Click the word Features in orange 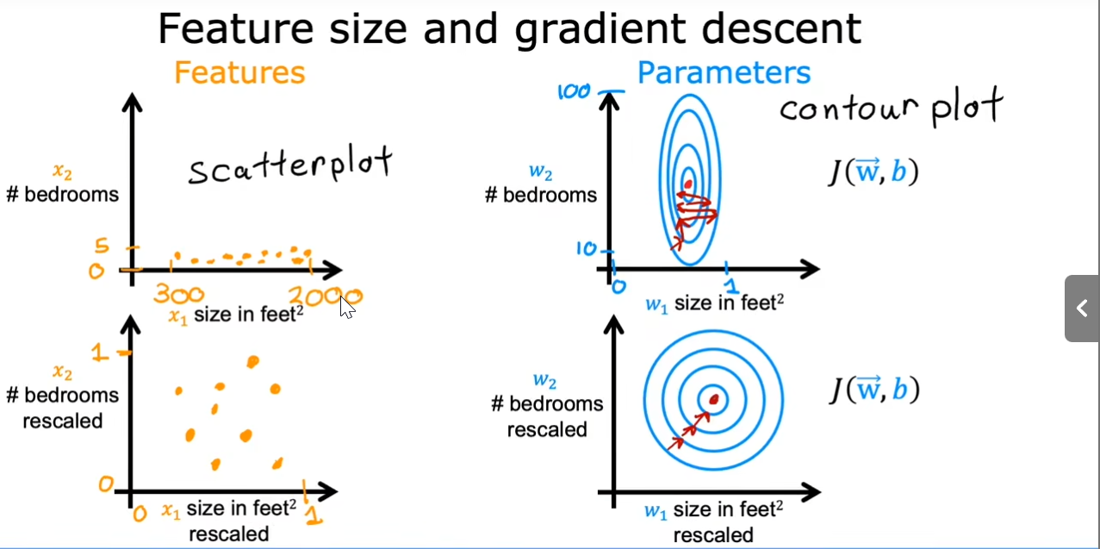pyautogui.click(x=239, y=72)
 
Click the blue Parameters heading pyautogui.click(x=724, y=72)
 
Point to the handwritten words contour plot pyautogui.click(x=892, y=107)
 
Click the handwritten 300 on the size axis pyautogui.click(x=179, y=295)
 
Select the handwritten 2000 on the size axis pyautogui.click(x=325, y=296)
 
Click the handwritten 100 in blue pyautogui.click(x=574, y=91)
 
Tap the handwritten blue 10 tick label pyautogui.click(x=587, y=249)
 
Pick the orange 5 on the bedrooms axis pyautogui.click(x=102, y=246)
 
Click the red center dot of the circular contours pyautogui.click(x=714, y=399)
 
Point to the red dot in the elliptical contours pyautogui.click(x=688, y=184)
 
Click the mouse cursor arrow pyautogui.click(x=346, y=307)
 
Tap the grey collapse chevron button pyautogui.click(x=1082, y=309)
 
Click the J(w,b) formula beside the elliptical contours pyautogui.click(x=873, y=172)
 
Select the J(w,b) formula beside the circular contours pyautogui.click(x=874, y=390)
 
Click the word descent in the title pyautogui.click(x=781, y=29)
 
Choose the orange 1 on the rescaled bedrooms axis pyautogui.click(x=99, y=352)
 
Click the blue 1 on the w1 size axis pyautogui.click(x=731, y=285)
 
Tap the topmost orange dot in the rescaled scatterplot pyautogui.click(x=253, y=362)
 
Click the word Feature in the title pyautogui.click(x=236, y=29)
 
